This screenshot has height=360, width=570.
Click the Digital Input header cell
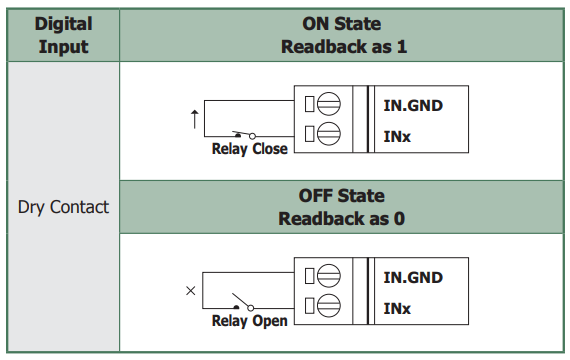(x=63, y=35)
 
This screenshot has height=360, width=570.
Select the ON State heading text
(x=342, y=24)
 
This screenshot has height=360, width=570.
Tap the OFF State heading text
(x=342, y=196)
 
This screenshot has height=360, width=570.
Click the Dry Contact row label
(x=63, y=207)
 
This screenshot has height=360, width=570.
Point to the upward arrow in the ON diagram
(x=195, y=119)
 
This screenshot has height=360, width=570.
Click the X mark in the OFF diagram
(x=190, y=291)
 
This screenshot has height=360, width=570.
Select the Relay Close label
(x=250, y=149)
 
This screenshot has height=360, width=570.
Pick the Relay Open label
(x=250, y=321)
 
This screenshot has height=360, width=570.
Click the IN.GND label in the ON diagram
(x=413, y=105)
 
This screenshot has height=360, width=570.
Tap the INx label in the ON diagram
(x=397, y=137)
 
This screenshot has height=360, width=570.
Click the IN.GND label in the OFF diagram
(x=413, y=277)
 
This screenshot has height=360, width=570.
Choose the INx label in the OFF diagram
(x=397, y=309)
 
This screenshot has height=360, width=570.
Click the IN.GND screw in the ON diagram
(x=329, y=104)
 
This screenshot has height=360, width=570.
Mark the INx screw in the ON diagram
(x=329, y=133)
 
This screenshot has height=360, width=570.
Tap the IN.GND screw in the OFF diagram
(x=329, y=276)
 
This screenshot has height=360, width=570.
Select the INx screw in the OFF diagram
(x=329, y=305)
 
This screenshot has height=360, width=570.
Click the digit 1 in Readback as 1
(x=402, y=47)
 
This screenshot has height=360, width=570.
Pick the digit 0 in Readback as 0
(x=399, y=219)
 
